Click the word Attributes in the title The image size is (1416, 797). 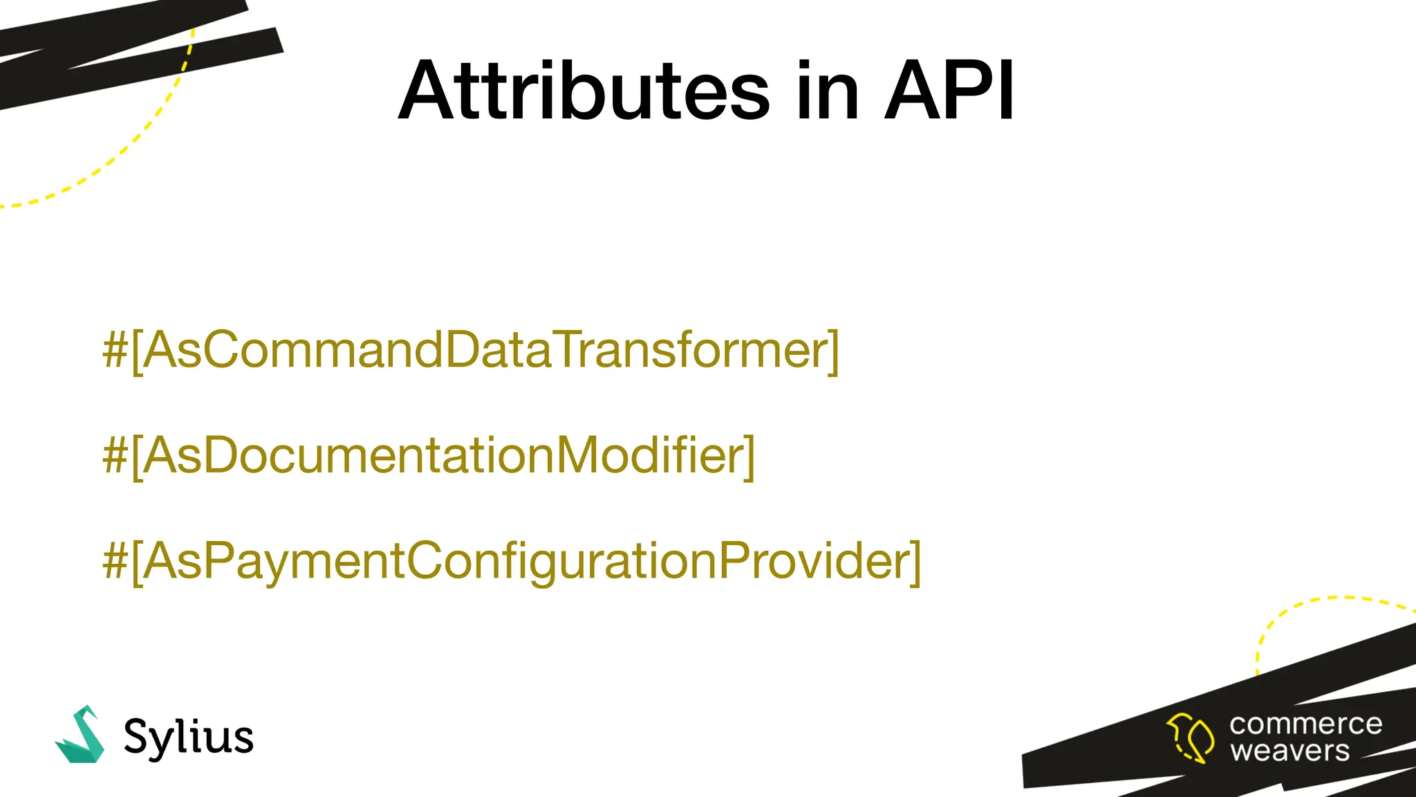[x=584, y=91]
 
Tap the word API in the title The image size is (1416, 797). [x=950, y=91]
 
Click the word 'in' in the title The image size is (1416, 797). [x=827, y=91]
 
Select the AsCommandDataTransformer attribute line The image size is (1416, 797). [x=470, y=351]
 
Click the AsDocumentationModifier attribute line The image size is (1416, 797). [x=429, y=457]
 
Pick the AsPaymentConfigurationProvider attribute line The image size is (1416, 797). [x=512, y=562]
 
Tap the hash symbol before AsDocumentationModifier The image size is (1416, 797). [x=115, y=457]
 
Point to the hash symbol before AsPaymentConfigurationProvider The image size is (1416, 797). [x=115, y=562]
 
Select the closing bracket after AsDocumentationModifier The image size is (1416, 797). [x=749, y=457]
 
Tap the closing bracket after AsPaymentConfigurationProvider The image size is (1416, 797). [x=915, y=562]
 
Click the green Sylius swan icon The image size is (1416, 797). [x=81, y=736]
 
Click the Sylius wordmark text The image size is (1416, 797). [x=188, y=738]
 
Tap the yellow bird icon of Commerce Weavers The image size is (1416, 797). [x=1190, y=738]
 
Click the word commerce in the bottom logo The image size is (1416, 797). [x=1305, y=724]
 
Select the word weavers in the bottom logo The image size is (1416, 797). [x=1289, y=751]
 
